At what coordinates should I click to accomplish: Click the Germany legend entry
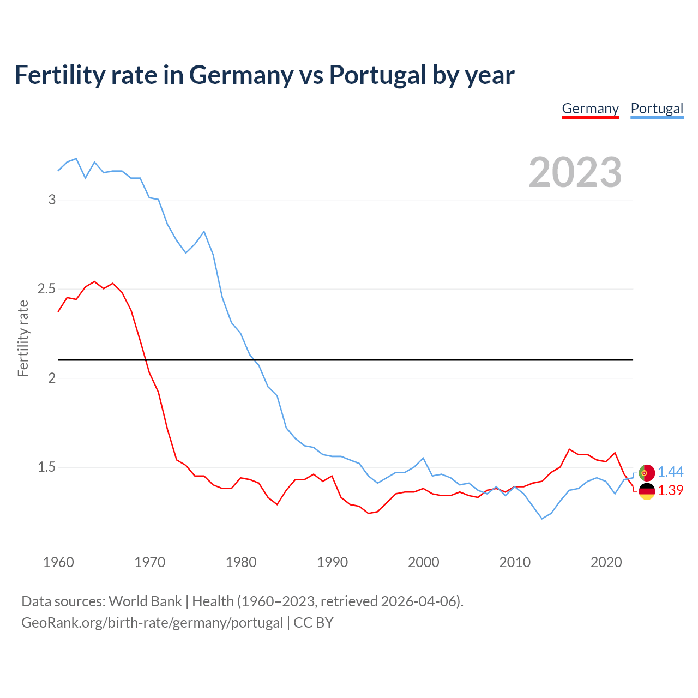point(590,109)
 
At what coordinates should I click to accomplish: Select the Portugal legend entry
point(657,109)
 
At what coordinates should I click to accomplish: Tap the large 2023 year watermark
point(575,172)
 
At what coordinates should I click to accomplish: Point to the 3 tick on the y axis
point(52,200)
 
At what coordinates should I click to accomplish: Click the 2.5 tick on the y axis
point(46,288)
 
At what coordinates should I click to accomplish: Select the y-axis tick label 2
point(52,378)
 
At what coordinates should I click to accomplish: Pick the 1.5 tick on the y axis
point(46,467)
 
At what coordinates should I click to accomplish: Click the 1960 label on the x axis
point(58,562)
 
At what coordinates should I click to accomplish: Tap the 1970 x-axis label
point(149,562)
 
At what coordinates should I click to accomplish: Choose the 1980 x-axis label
point(241,562)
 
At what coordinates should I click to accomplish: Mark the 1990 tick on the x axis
point(332,562)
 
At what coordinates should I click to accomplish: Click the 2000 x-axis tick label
point(423,562)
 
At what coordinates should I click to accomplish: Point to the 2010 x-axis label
point(515,562)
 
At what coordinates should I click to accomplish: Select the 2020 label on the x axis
point(606,562)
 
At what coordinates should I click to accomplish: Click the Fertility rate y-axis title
point(23,338)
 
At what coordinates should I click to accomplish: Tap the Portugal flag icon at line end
point(646,473)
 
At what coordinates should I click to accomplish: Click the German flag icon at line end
point(646,491)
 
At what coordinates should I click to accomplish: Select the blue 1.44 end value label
point(670,472)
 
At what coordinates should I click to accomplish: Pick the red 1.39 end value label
point(670,490)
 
